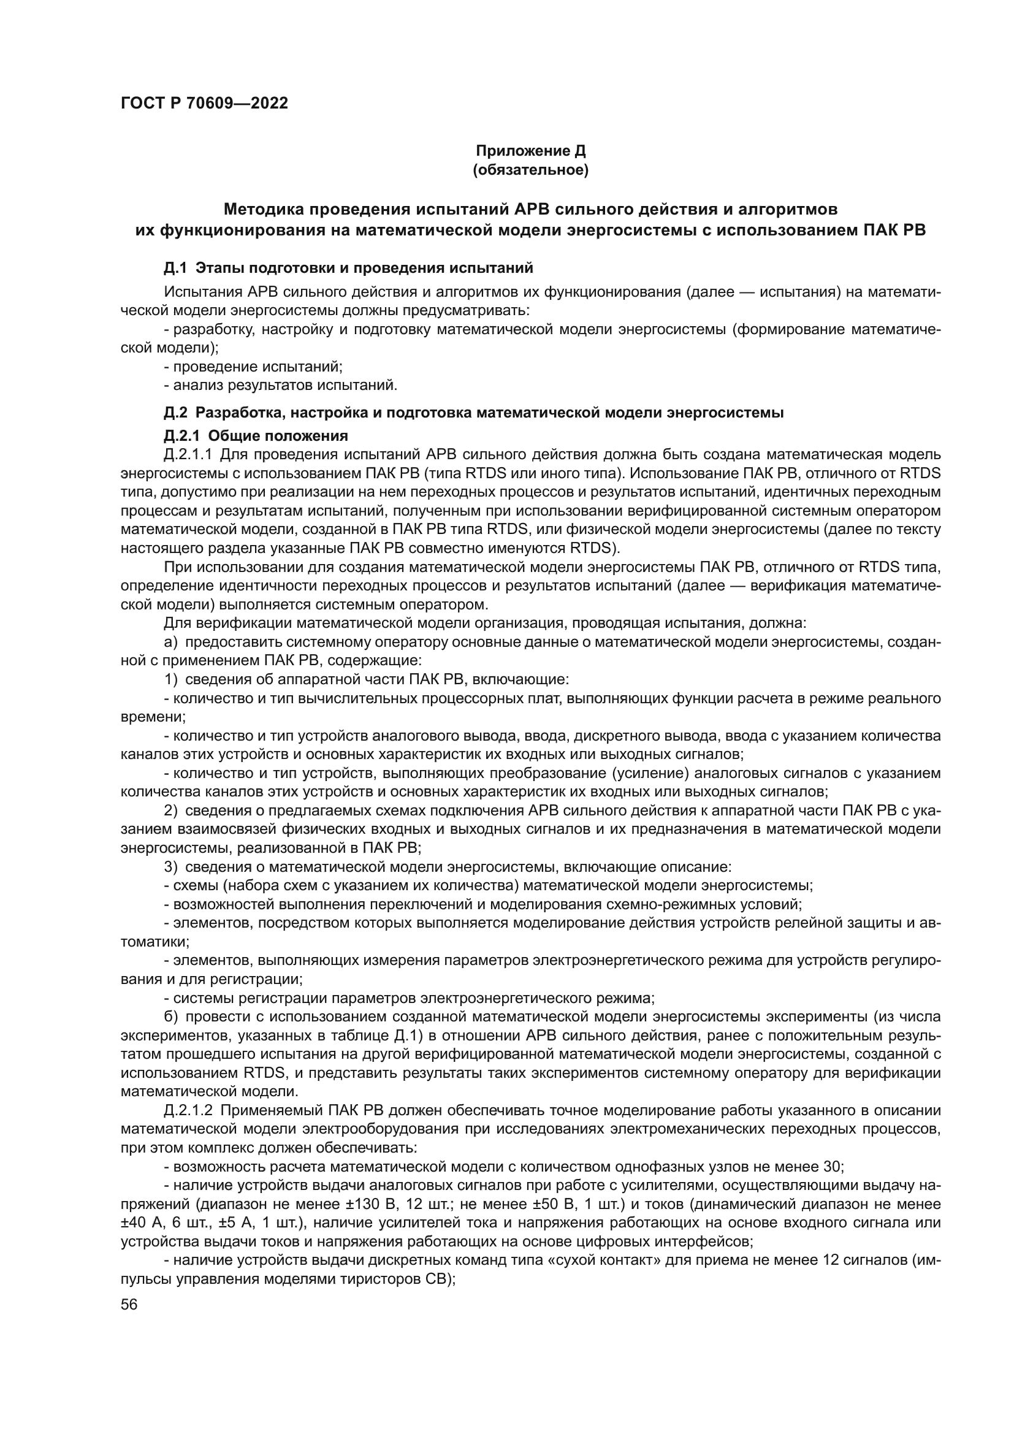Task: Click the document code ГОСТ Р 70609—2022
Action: (x=204, y=104)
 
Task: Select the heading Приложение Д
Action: (x=531, y=151)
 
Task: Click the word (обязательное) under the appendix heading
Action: (x=531, y=170)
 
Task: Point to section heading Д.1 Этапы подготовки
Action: (x=348, y=268)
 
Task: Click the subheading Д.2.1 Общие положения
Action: (x=256, y=435)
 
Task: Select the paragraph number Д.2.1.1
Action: (x=189, y=455)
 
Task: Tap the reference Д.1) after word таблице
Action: (x=409, y=1035)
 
